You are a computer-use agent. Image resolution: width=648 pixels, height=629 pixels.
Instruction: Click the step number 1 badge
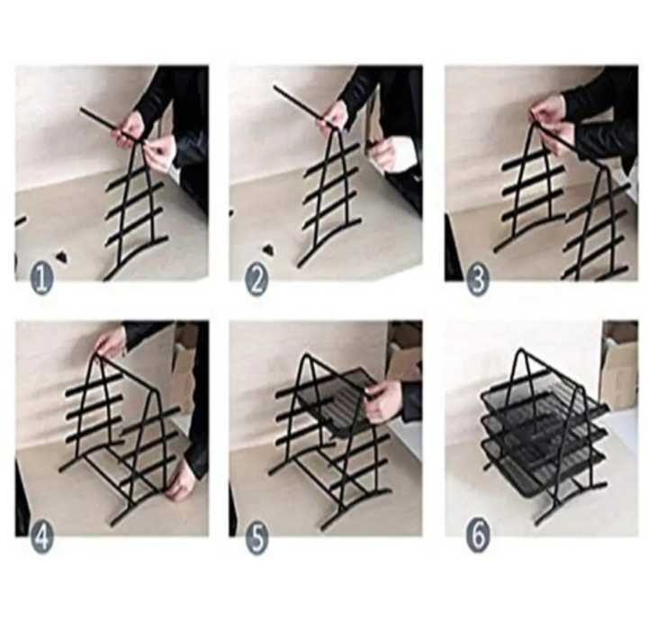(x=41, y=280)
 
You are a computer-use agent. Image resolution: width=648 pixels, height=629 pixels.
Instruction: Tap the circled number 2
(x=256, y=280)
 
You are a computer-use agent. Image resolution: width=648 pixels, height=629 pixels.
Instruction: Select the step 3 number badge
(x=478, y=280)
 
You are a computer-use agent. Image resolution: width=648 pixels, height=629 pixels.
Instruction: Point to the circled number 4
(x=41, y=537)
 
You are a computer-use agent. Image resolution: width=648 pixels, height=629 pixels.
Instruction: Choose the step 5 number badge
(x=256, y=537)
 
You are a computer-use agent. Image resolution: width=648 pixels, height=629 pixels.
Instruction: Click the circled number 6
(x=478, y=537)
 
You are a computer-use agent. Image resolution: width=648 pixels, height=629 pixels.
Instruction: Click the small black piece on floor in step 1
(x=61, y=256)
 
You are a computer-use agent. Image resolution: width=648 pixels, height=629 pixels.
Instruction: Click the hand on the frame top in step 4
(x=111, y=343)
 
